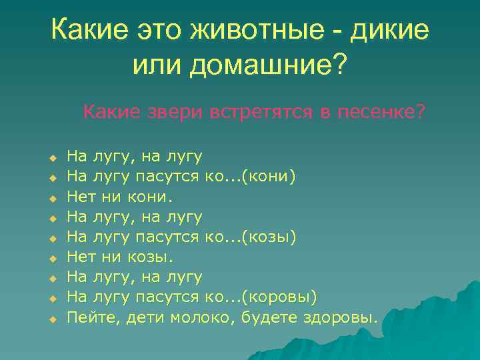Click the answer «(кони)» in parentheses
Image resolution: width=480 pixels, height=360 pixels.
point(269,177)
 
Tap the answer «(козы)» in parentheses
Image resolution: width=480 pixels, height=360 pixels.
point(269,237)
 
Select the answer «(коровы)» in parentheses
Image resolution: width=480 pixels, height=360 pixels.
point(279,297)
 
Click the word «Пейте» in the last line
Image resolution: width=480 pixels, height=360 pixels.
point(93,317)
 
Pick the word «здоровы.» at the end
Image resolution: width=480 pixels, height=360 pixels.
point(339,317)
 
